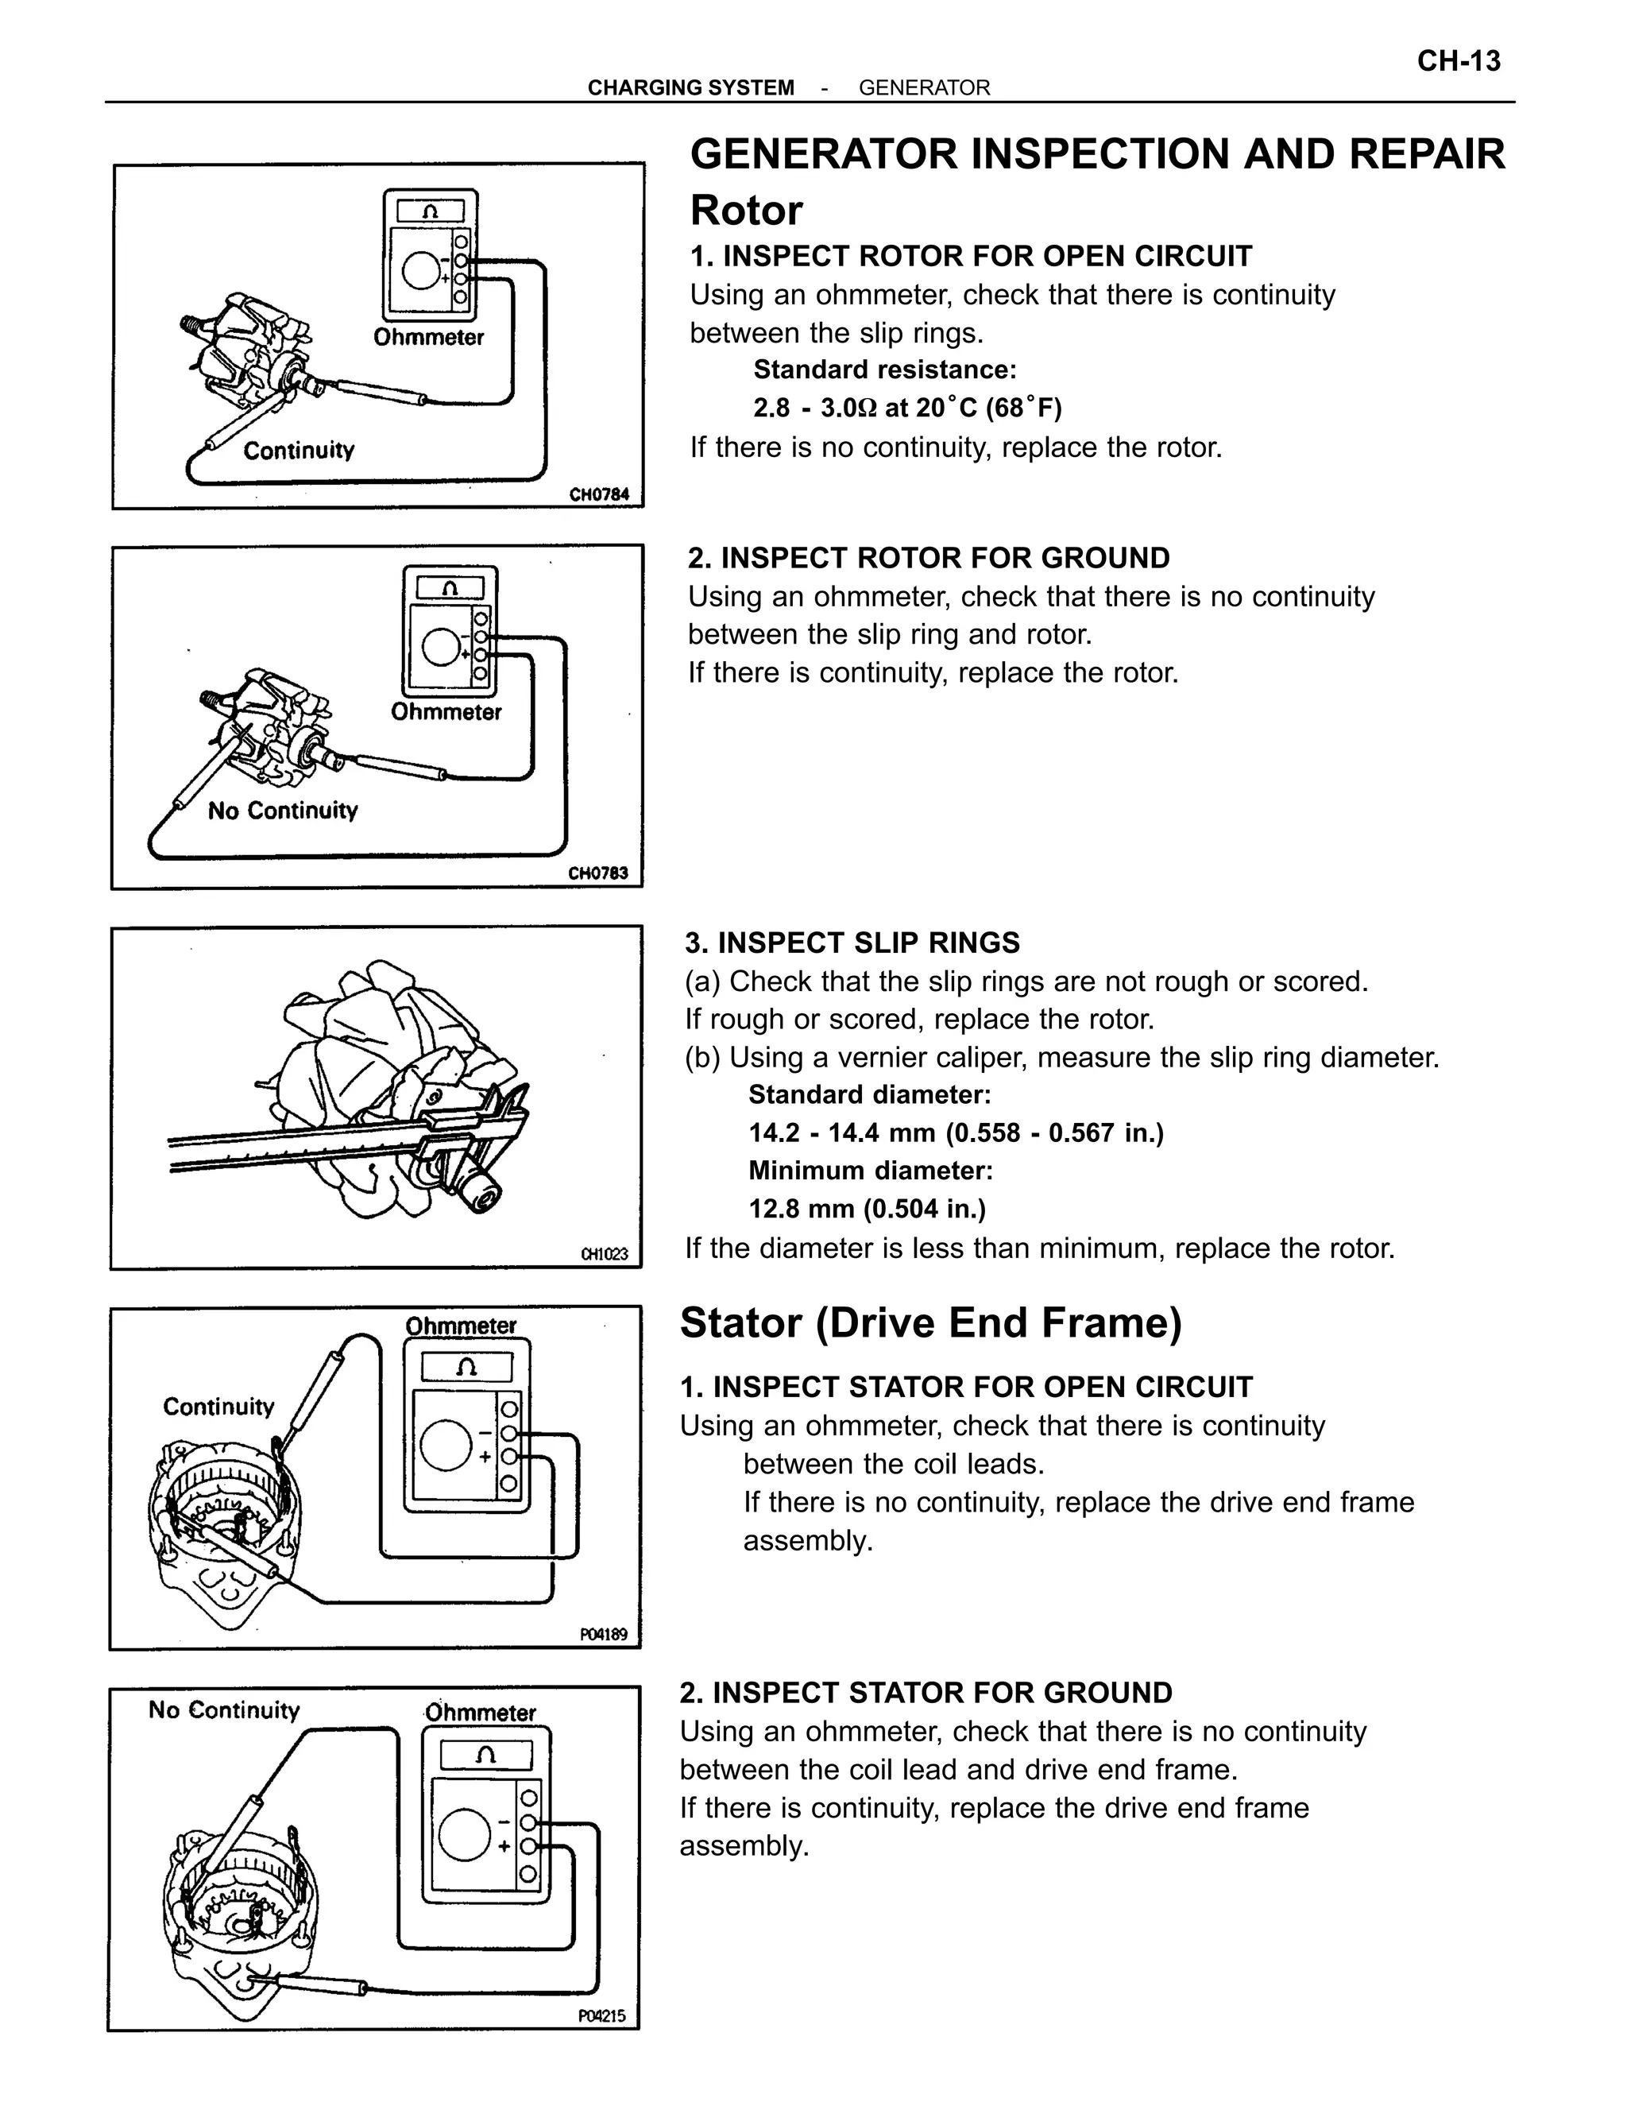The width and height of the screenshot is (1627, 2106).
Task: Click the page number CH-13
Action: (1459, 62)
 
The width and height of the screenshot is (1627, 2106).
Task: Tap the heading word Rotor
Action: (746, 211)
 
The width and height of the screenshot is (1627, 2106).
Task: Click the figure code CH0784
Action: (598, 494)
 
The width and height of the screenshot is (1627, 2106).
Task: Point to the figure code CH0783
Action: (597, 873)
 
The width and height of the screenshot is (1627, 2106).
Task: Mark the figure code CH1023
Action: (604, 1253)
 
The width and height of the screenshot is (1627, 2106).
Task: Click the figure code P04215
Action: (601, 2015)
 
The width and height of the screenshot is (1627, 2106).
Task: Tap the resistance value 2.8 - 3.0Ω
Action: (815, 408)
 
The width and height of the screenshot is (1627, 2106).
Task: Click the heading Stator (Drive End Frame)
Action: (930, 1322)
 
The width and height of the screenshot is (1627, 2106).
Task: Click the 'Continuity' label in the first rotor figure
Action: (299, 451)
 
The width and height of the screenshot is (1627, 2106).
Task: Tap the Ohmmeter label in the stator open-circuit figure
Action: (461, 1326)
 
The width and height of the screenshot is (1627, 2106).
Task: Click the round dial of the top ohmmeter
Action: (421, 273)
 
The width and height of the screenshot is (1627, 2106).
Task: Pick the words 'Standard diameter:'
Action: (869, 1094)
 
